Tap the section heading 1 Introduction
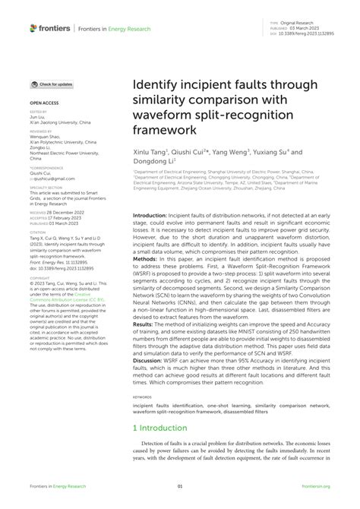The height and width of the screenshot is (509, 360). pyautogui.click(x=164, y=449)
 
